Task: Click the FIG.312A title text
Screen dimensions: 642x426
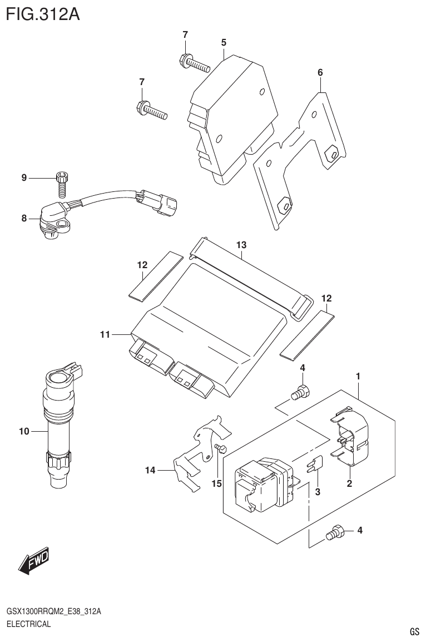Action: click(x=43, y=13)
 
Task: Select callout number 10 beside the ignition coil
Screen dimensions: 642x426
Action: click(x=23, y=431)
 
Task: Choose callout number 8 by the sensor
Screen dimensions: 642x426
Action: click(x=24, y=219)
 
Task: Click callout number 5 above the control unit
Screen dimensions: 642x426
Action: click(x=223, y=42)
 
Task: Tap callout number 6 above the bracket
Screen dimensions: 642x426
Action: click(x=320, y=72)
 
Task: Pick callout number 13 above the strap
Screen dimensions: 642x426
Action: click(x=241, y=245)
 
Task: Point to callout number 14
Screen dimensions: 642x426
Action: click(x=150, y=471)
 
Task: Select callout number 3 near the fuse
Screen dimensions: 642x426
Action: click(x=318, y=491)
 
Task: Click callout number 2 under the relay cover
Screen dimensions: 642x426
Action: click(x=349, y=483)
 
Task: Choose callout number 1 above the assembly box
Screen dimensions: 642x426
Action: click(x=358, y=377)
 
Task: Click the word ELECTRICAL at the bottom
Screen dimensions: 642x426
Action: click(x=28, y=624)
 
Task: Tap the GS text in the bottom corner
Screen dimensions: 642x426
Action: click(x=414, y=632)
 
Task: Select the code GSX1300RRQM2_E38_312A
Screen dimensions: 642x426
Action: click(x=53, y=612)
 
